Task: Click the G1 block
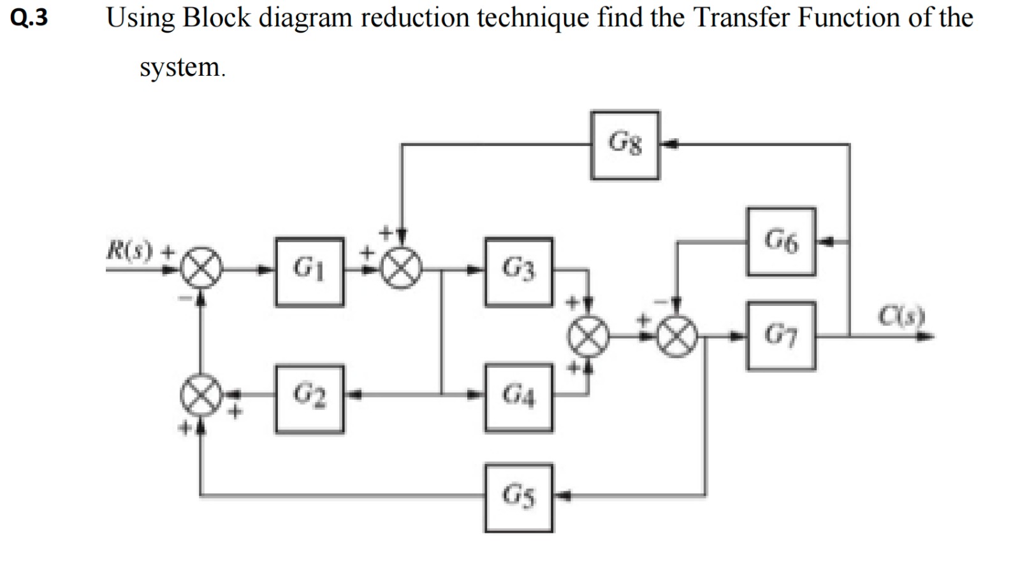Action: click(309, 272)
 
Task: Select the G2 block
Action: click(309, 399)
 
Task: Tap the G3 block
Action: click(518, 272)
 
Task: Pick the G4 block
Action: click(518, 398)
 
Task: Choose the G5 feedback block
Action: click(518, 498)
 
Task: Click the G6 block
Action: click(780, 242)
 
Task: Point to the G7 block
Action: click(780, 336)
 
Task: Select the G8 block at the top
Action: click(625, 145)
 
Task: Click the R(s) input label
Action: click(130, 250)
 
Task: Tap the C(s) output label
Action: click(901, 315)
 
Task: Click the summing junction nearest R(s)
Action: click(201, 268)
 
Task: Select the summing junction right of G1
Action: click(401, 268)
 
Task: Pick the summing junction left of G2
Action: click(201, 395)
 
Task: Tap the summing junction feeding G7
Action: click(677, 337)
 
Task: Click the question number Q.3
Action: click(29, 18)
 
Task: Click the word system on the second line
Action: click(182, 67)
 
